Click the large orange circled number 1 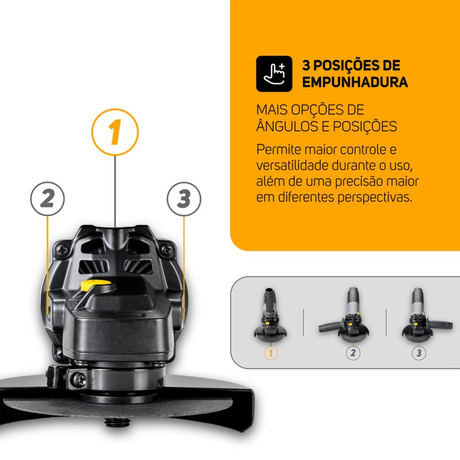coord(115,132)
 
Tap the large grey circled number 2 coord(47,199)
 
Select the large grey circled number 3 coord(183,199)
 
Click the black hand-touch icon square coord(275,73)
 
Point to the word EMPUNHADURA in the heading coord(355,82)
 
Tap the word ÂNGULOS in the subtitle coord(287,125)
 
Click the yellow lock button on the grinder coord(94,285)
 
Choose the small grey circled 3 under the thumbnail coord(419,352)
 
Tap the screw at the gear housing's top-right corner coord(166,249)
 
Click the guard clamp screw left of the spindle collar coord(79,378)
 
